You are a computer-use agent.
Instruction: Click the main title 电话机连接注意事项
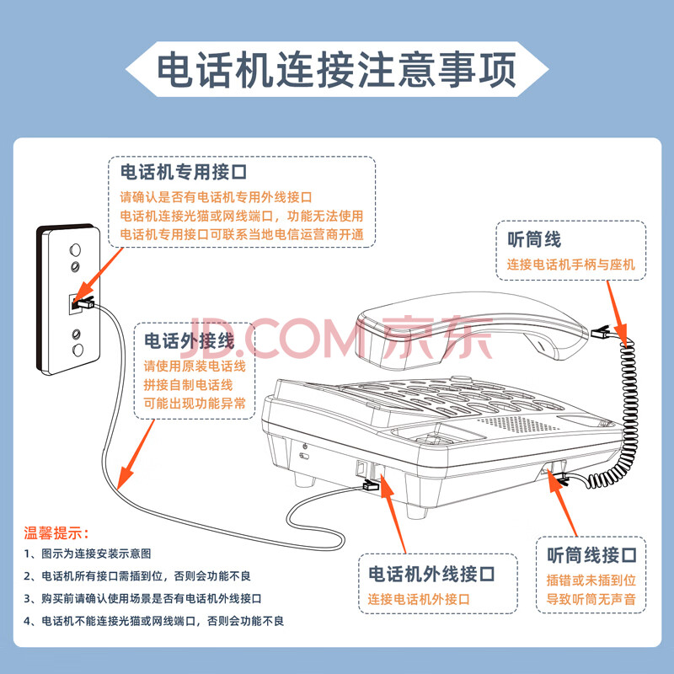click(x=336, y=70)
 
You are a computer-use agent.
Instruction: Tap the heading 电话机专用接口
click(x=184, y=172)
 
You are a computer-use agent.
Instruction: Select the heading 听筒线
click(x=534, y=239)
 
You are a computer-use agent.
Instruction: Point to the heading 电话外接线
click(x=189, y=341)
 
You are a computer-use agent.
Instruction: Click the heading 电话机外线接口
click(x=431, y=574)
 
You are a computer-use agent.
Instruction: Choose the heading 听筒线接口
click(x=591, y=555)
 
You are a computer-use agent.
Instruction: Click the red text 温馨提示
click(x=56, y=533)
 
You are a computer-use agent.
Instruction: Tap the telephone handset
click(x=472, y=330)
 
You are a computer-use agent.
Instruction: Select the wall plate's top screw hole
click(x=75, y=249)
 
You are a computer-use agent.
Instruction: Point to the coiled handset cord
click(x=619, y=413)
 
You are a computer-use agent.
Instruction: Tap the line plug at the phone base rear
click(x=370, y=485)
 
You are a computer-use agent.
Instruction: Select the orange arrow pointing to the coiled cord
click(x=617, y=308)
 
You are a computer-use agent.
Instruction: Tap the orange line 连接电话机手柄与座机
click(x=571, y=264)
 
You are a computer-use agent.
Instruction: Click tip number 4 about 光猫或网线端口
click(x=154, y=621)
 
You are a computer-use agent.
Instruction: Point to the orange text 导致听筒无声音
click(x=591, y=599)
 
